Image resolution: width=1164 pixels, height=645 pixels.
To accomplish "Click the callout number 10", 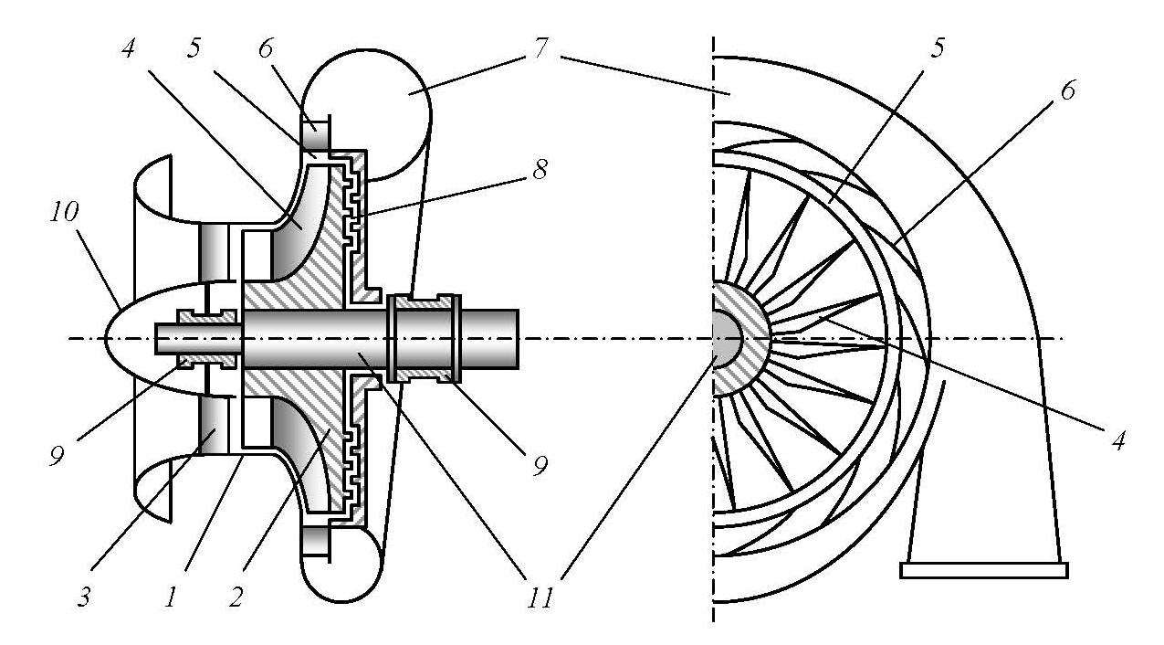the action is point(64,212).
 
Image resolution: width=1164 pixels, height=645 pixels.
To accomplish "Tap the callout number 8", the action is point(540,170).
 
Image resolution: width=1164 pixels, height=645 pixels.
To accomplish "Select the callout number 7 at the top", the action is point(540,49).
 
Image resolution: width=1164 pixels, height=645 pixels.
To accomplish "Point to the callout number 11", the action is point(540,599).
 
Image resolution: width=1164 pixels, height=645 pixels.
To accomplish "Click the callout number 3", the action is point(84,597).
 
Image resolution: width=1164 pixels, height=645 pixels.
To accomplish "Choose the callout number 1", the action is point(171,597).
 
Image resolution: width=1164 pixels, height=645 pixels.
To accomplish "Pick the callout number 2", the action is point(236,597).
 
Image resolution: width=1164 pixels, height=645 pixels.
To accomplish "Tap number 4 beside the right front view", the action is point(1117,440).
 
